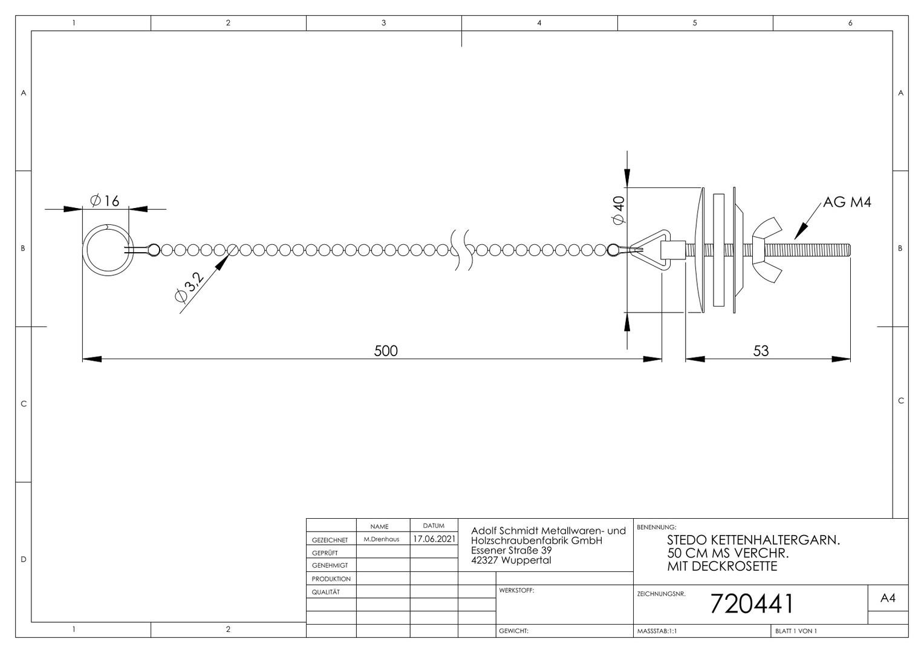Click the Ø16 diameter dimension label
105,201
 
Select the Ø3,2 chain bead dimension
190,287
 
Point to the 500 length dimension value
386,351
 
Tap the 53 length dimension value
761,351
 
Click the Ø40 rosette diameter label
619,210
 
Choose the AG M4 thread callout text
847,202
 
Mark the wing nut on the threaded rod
767,250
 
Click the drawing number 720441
752,603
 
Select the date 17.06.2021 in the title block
434,539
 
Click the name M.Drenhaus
381,539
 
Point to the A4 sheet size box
888,598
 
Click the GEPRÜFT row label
325,553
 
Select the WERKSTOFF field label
516,590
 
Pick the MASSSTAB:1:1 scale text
657,631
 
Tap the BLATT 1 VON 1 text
796,631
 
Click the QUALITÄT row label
326,592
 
